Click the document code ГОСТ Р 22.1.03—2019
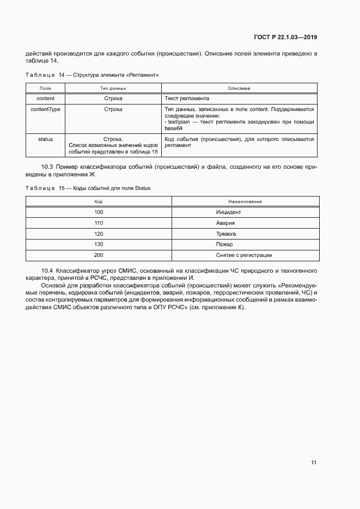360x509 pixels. coord(285,38)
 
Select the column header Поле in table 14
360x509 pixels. coord(45,88)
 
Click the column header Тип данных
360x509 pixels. coord(113,88)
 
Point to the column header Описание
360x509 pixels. coord(239,88)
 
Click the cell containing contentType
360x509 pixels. coord(45,109)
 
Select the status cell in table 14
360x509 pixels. coord(45,139)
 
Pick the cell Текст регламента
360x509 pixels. coord(187,99)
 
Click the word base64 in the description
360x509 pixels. coord(173,128)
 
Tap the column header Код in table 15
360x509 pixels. coord(99,202)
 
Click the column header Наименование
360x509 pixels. coord(245,202)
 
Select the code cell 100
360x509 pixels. coord(99,212)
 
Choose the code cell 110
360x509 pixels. coord(99,223)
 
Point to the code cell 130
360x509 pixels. coord(99,244)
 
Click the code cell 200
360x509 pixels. coord(99,255)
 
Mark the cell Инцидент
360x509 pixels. coord(228,212)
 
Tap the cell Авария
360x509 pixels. coord(225,223)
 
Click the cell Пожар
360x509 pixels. coord(224,244)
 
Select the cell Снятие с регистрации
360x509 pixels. coord(244,255)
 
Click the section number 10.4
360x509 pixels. coord(47,271)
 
